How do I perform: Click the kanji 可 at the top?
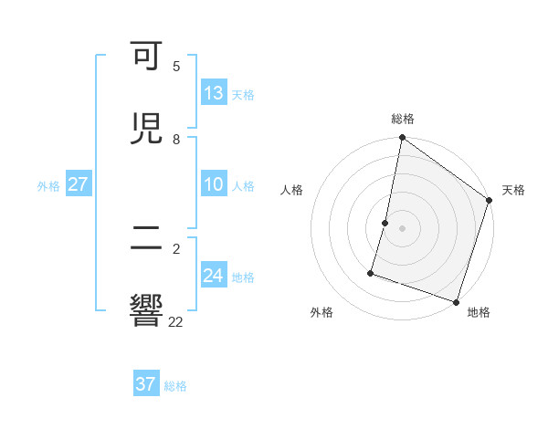(147, 58)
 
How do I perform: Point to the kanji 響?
(147, 310)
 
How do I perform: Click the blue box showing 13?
(214, 93)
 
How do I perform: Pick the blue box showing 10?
(214, 185)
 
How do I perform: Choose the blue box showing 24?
(214, 276)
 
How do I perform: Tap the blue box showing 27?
(79, 184)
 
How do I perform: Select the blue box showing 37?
(146, 384)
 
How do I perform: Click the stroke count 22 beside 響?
(176, 321)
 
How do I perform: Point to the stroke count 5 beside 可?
(176, 67)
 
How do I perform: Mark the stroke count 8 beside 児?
(176, 140)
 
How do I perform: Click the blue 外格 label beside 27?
(48, 186)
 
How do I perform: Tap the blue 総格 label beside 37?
(175, 386)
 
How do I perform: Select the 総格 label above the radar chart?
(403, 119)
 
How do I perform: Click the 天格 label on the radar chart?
(513, 190)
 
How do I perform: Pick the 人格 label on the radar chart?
(291, 190)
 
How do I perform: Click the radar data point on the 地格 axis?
(456, 301)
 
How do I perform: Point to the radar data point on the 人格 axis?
(385, 222)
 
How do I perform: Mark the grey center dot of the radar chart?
(403, 227)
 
